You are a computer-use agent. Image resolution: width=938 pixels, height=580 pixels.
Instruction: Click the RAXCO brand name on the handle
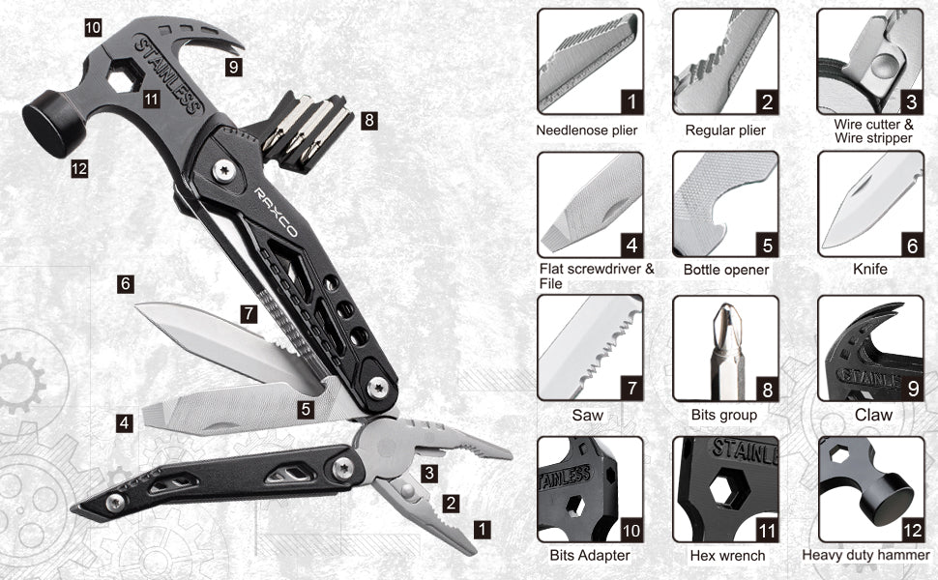click(x=276, y=212)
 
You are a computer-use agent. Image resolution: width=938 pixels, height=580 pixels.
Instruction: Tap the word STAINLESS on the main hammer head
click(x=168, y=74)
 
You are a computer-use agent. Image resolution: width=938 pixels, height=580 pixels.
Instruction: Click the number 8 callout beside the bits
click(x=369, y=120)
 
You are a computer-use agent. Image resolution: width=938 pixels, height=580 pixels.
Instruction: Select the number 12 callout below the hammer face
click(x=79, y=168)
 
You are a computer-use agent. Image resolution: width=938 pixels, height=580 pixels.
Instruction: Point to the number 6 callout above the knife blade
click(x=125, y=283)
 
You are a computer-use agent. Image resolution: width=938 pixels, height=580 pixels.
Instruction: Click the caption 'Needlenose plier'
click(x=586, y=130)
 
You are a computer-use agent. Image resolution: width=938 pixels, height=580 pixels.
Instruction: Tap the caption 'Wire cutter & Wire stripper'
click(x=873, y=130)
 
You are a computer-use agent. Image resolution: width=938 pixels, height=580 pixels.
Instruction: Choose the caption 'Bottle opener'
click(x=725, y=270)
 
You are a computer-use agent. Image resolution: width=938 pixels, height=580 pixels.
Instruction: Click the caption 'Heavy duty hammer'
click(x=865, y=556)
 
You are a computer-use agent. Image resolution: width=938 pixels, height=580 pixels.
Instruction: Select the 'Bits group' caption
click(x=724, y=415)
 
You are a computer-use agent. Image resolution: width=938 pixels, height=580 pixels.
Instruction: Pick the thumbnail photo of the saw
click(x=591, y=347)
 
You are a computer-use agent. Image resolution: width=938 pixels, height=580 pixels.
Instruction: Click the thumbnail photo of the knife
click(x=870, y=204)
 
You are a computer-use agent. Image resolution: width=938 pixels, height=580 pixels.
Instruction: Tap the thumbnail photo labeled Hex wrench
click(x=725, y=489)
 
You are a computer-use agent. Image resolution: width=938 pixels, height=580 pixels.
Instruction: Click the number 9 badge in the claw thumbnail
click(x=913, y=390)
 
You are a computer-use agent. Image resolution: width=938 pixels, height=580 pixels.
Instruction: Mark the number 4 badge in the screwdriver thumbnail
click(x=631, y=246)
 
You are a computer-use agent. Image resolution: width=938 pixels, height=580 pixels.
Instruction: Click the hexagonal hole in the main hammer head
click(x=124, y=76)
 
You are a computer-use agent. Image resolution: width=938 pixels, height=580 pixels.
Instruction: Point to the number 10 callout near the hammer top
click(x=93, y=27)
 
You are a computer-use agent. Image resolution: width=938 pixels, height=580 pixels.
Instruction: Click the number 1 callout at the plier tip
click(x=483, y=529)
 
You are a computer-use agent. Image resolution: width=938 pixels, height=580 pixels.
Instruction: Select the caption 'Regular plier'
click(x=725, y=130)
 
